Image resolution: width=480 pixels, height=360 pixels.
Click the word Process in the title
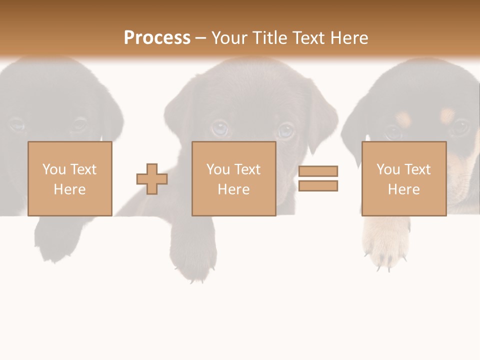coord(157,38)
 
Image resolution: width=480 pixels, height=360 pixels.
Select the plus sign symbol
coord(152,179)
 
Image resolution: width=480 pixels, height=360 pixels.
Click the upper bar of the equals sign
coord(318,171)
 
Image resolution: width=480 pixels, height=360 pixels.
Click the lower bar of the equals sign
coord(318,186)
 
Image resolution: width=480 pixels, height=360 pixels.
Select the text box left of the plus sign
coord(69,179)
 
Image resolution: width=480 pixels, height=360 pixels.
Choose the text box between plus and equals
coord(233,179)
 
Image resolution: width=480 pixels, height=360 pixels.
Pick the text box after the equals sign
coord(403,179)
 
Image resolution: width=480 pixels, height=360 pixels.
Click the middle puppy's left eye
coord(219,128)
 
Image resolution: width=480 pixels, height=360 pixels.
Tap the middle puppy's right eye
coord(285,131)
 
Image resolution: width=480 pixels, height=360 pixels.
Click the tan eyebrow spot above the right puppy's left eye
coord(403,118)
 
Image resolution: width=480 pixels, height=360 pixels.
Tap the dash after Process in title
coord(200,38)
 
